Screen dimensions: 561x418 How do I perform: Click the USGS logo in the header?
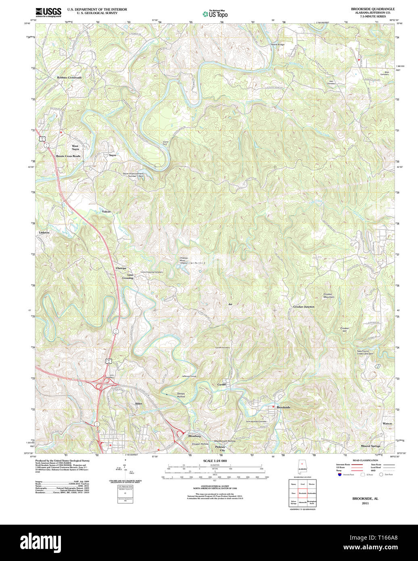click(48, 12)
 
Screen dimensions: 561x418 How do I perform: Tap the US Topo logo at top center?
click(215, 14)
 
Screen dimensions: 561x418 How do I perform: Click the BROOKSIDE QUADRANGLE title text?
click(372, 9)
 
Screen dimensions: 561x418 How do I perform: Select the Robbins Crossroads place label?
click(69, 77)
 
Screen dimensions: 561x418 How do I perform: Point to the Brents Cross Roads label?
click(68, 156)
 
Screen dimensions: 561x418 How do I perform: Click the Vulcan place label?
click(106, 211)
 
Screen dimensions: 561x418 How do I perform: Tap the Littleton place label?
click(44, 232)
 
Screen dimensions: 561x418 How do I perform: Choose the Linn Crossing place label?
click(128, 276)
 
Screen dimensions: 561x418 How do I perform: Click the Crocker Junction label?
click(304, 307)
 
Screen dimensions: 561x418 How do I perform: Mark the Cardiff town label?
click(222, 384)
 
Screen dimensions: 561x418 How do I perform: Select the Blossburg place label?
click(194, 436)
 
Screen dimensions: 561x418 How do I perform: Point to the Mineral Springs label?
click(370, 446)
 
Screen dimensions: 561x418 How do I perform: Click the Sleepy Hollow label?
click(181, 395)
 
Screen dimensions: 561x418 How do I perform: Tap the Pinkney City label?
click(220, 448)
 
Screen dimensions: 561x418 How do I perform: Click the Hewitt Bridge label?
click(277, 44)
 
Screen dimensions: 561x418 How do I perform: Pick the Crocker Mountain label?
click(328, 295)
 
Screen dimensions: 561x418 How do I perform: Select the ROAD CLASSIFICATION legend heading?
click(365, 461)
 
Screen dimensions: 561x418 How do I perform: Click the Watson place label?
click(387, 423)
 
